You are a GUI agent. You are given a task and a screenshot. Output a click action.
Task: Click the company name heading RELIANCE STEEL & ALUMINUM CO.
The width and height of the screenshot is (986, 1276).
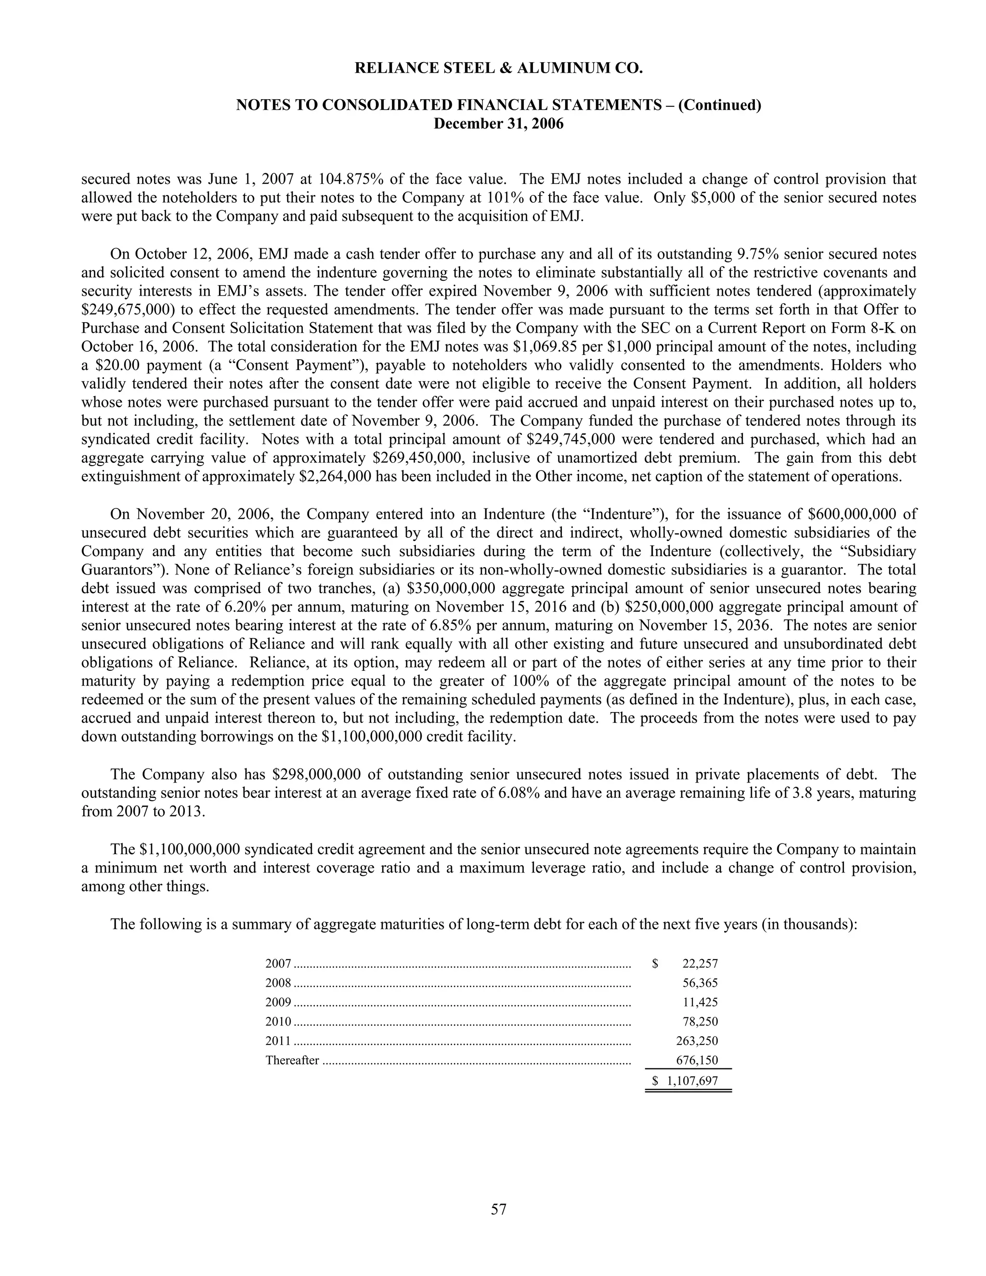(498, 69)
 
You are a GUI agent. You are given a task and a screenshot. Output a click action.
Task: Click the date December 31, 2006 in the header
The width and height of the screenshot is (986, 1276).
(498, 124)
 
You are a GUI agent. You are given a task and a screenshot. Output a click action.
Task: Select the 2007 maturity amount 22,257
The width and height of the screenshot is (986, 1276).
(700, 964)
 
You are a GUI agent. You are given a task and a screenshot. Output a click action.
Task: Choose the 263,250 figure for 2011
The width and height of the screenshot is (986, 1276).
(696, 1041)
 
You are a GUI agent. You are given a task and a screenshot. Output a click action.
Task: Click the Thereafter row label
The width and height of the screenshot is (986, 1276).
(292, 1060)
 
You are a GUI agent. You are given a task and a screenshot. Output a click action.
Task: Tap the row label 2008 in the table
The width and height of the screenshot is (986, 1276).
(278, 983)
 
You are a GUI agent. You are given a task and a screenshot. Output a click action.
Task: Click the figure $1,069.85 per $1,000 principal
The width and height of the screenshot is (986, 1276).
(548, 347)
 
